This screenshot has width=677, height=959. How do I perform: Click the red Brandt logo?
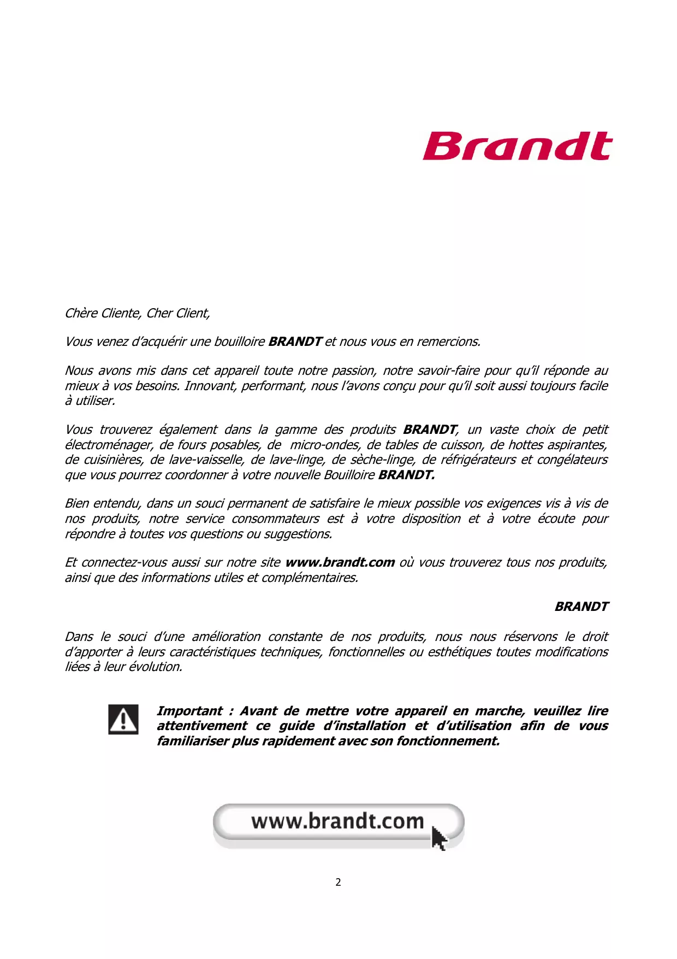[x=517, y=146]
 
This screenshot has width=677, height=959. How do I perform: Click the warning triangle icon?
[x=123, y=719]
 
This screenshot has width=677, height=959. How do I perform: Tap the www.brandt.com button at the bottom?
[x=337, y=822]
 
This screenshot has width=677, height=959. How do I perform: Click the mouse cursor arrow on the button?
[x=438, y=838]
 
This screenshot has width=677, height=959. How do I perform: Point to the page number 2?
[x=339, y=882]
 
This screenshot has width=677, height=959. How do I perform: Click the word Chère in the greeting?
[x=81, y=313]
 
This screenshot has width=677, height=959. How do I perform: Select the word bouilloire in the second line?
[x=239, y=342]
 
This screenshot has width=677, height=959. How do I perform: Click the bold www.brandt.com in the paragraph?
[x=340, y=563]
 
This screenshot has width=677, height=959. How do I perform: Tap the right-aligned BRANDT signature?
[x=581, y=607]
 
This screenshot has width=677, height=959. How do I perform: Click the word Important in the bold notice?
[x=189, y=711]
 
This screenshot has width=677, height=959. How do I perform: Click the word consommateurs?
[x=275, y=519]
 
